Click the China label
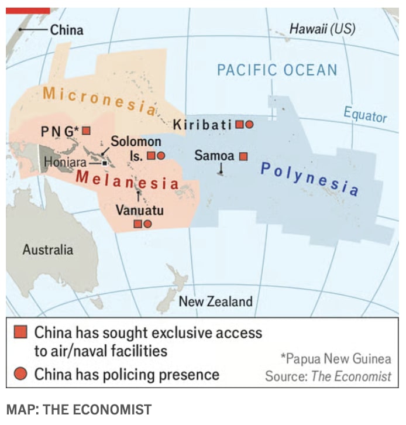(x=67, y=30)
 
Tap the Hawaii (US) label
(x=322, y=29)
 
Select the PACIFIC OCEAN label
(x=277, y=70)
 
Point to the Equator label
(x=365, y=114)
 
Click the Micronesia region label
(x=99, y=100)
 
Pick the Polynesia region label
(x=309, y=179)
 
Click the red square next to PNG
(x=87, y=130)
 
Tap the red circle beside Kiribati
(x=249, y=124)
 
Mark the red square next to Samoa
(x=244, y=156)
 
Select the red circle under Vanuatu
(x=148, y=224)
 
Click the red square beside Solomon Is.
(x=150, y=156)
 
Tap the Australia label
(x=48, y=250)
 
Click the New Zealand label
(x=215, y=301)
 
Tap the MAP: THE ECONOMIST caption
(x=78, y=409)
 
